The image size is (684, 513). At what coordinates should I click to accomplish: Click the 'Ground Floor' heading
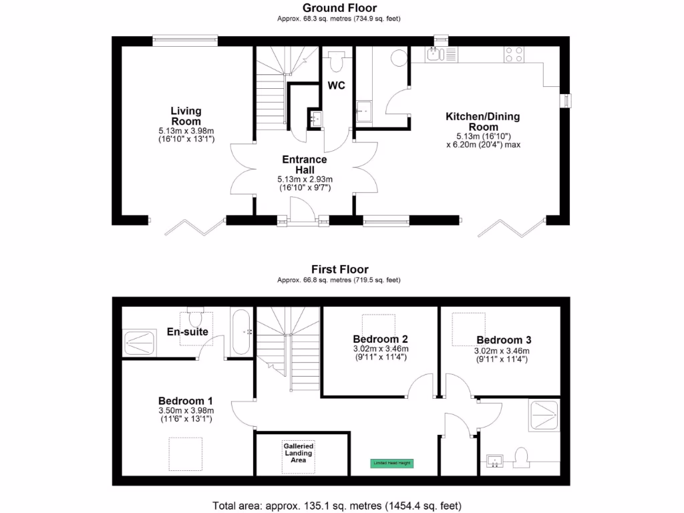(339, 8)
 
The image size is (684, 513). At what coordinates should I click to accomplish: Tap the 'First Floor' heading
(339, 269)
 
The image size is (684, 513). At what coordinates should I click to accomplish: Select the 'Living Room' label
(186, 116)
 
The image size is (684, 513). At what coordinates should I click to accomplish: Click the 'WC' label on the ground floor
(335, 85)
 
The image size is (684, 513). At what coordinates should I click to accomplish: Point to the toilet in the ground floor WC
(335, 61)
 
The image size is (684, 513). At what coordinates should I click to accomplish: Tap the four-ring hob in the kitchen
(514, 54)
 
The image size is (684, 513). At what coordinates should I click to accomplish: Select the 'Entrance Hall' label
(305, 164)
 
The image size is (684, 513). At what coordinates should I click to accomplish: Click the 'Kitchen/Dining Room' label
(482, 122)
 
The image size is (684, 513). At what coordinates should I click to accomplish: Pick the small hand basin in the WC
(315, 119)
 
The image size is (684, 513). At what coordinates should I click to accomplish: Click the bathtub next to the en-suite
(241, 331)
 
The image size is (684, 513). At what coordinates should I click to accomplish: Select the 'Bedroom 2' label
(381, 339)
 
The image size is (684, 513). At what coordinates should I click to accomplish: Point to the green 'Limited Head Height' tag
(391, 462)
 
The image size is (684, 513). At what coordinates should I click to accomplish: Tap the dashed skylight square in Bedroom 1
(184, 454)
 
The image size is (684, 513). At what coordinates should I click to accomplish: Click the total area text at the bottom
(337, 505)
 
